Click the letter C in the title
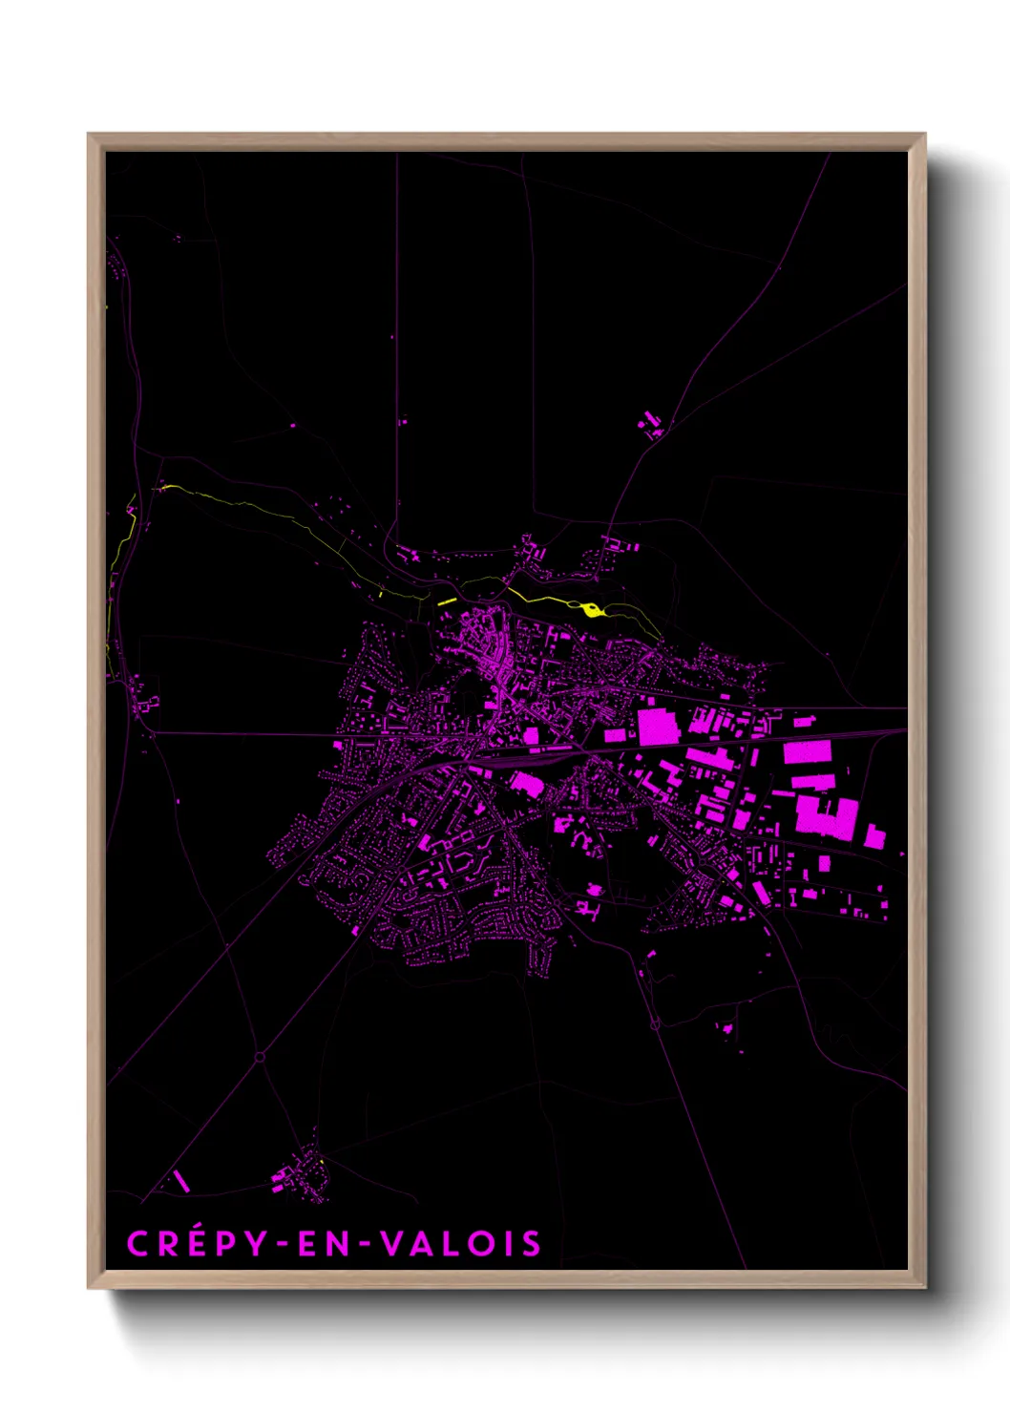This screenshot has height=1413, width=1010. [x=139, y=1244]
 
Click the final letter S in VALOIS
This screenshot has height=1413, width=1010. [x=532, y=1244]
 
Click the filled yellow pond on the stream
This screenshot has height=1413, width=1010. [x=592, y=609]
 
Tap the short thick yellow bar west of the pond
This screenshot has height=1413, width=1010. [x=447, y=601]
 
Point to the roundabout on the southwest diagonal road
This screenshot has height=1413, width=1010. [x=260, y=1057]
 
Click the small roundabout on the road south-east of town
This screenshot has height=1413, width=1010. [x=655, y=1025]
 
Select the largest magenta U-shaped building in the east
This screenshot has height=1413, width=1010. [x=828, y=818]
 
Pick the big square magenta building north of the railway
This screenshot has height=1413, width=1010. [x=658, y=727]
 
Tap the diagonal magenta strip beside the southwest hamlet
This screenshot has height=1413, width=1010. [x=180, y=1181]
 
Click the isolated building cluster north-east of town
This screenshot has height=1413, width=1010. [x=653, y=424]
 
